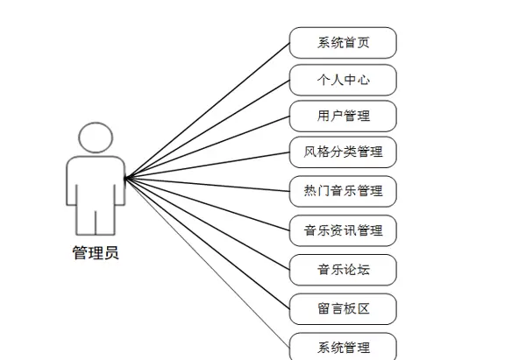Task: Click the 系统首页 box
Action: (x=343, y=42)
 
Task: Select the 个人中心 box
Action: (x=343, y=80)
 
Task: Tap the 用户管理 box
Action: (x=343, y=116)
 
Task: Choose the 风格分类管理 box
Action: (x=343, y=152)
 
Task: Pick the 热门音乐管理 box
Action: (x=343, y=189)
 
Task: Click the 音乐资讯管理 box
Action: (x=343, y=231)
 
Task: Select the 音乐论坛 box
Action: (x=343, y=269)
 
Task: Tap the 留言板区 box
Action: (x=343, y=308)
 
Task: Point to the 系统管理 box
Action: (x=343, y=347)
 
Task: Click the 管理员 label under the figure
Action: (x=96, y=254)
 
